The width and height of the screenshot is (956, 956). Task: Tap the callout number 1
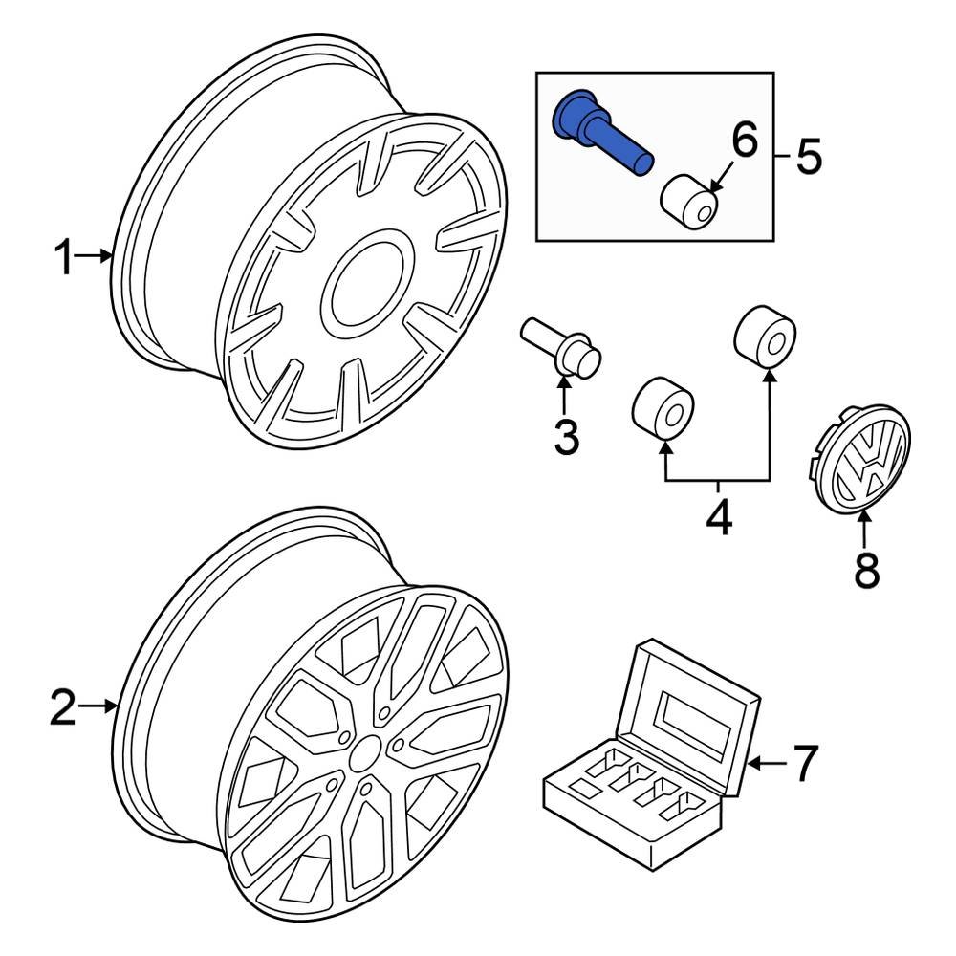[x=63, y=257]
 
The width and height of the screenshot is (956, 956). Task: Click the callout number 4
[x=718, y=517]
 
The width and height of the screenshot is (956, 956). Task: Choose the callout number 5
[x=808, y=156]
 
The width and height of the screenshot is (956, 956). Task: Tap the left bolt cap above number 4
[x=663, y=409]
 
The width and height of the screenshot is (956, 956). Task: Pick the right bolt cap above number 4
[x=765, y=337]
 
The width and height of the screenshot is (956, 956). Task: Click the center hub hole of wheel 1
[x=363, y=283]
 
